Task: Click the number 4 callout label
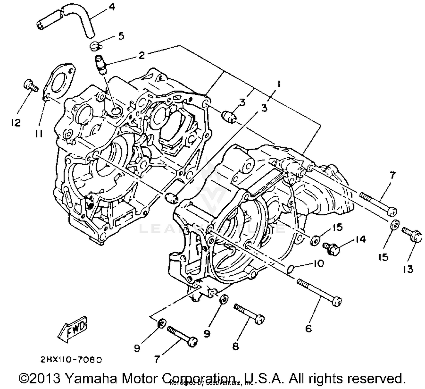112,7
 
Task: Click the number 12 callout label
16,123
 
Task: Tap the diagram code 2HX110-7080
71,360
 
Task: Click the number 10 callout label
319,263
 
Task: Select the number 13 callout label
408,269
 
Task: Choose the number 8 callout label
235,346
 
